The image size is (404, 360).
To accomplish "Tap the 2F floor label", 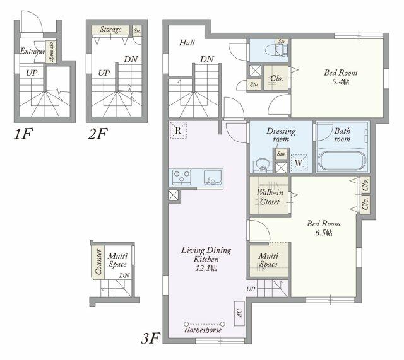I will (x=99, y=134).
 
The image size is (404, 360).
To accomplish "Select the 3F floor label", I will (x=151, y=339).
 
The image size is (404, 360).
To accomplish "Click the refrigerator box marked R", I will (x=179, y=131).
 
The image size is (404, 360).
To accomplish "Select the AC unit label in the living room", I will (x=239, y=312).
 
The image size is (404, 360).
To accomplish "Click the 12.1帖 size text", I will (x=206, y=269).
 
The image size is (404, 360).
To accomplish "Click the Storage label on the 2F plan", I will (x=110, y=30).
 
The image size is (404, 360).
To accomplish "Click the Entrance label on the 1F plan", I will (x=31, y=51).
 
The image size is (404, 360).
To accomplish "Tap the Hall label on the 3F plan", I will (x=187, y=43).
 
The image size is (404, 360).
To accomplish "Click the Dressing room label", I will (x=281, y=135).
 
